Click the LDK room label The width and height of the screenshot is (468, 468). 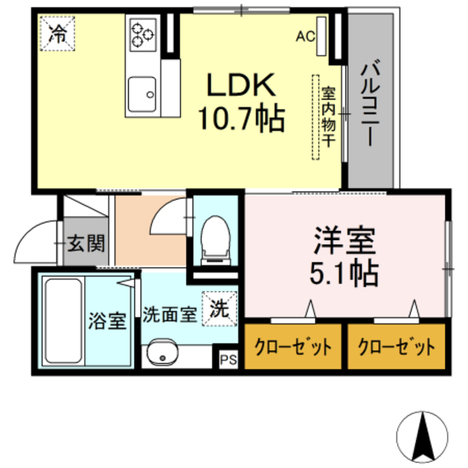pyautogui.click(x=242, y=88)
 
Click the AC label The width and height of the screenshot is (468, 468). pyautogui.click(x=305, y=34)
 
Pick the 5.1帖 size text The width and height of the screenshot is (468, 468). pyautogui.click(x=345, y=273)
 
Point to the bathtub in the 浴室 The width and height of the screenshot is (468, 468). pyautogui.click(x=61, y=322)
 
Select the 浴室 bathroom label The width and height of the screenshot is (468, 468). pyautogui.click(x=108, y=320)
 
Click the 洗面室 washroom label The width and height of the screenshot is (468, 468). pyautogui.click(x=169, y=315)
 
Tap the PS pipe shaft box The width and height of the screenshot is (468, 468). pyautogui.click(x=229, y=360)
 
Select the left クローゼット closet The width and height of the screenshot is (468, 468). pyautogui.click(x=292, y=346)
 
